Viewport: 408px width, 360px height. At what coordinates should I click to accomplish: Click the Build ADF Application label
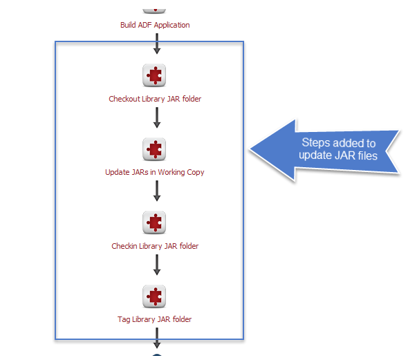[155, 25]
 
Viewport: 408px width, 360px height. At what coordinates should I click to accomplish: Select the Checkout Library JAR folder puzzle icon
[154, 75]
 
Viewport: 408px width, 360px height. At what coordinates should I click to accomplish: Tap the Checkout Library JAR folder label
[155, 99]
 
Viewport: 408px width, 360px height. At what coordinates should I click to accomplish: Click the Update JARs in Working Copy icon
[154, 149]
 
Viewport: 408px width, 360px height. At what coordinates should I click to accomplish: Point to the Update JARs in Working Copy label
[155, 172]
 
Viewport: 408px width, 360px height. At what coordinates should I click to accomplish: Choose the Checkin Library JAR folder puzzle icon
[154, 222]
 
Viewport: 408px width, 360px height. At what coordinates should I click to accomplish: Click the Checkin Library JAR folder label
[155, 246]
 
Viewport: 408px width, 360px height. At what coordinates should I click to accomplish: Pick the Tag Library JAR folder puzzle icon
[154, 296]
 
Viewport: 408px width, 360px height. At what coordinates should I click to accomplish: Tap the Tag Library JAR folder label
[154, 319]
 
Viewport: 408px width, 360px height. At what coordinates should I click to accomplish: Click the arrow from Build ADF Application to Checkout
[157, 44]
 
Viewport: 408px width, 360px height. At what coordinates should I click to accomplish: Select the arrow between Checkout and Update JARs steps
[157, 117]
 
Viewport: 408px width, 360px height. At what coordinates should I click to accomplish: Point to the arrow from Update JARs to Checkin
[157, 191]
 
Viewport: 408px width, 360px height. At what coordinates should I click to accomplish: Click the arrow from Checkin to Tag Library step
[157, 265]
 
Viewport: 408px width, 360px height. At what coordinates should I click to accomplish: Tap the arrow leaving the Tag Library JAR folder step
[157, 338]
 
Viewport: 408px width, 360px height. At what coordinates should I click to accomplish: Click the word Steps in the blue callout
[315, 143]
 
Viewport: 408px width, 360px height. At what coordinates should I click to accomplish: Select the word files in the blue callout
[368, 155]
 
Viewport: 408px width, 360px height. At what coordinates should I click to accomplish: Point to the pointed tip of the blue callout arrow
[250, 149]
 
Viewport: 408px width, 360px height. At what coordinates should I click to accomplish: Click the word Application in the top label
[171, 25]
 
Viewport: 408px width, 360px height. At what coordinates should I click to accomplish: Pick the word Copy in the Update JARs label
[196, 173]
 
